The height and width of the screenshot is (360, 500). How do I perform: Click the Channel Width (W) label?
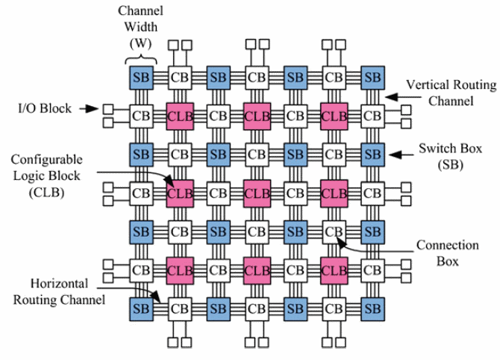[140, 27]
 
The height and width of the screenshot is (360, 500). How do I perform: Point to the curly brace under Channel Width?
[140, 59]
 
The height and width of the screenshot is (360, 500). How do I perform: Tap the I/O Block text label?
[45, 108]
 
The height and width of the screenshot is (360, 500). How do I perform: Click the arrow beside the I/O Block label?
[89, 109]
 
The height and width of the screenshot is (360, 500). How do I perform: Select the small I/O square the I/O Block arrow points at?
[108, 110]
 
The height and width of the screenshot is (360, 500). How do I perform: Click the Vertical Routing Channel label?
[451, 93]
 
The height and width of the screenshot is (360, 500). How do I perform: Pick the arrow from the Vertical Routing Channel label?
[403, 96]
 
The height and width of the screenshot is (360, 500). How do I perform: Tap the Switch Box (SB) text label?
[450, 156]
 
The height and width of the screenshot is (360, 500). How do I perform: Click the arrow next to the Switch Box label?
[401, 155]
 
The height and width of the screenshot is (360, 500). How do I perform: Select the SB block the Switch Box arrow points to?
[373, 155]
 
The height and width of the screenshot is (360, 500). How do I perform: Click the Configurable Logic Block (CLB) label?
[46, 176]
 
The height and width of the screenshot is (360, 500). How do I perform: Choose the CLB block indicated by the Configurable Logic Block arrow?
[180, 193]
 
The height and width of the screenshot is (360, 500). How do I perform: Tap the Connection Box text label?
[447, 253]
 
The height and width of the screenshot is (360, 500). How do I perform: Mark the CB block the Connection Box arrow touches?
[334, 232]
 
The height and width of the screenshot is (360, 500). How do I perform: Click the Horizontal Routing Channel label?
[59, 292]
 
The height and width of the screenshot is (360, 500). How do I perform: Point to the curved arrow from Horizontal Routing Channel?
[134, 291]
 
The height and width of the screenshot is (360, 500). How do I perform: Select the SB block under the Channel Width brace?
[141, 78]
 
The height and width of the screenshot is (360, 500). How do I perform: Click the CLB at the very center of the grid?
[257, 193]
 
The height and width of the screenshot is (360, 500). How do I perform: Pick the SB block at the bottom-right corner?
[373, 309]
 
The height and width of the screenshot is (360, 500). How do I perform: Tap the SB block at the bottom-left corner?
[141, 309]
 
